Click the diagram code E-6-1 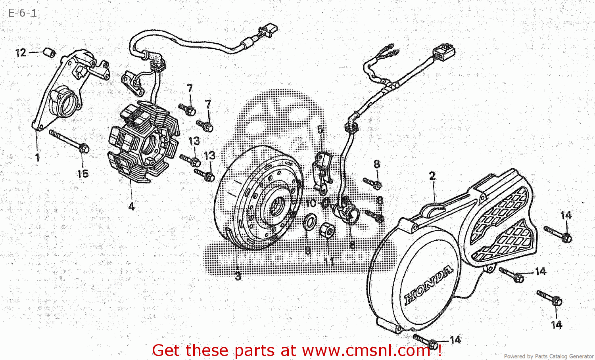point(23,13)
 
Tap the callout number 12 point(21,53)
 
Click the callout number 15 point(83,174)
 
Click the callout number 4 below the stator point(131,206)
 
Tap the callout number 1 point(37,157)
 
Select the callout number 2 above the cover point(432,176)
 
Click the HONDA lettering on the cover point(428,285)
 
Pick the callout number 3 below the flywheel point(238,276)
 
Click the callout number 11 point(329,262)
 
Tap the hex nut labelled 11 point(326,230)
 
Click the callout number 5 point(320,130)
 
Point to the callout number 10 point(311,203)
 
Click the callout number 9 point(308,250)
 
